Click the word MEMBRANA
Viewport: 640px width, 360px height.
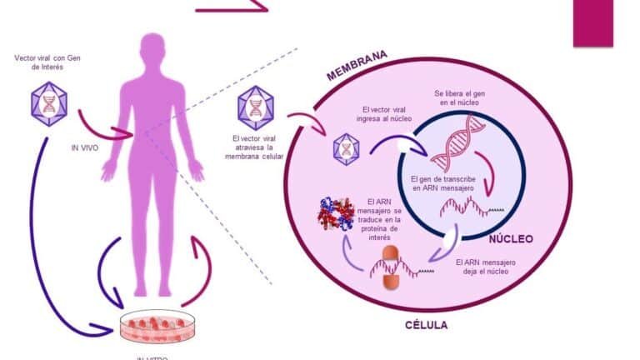coord(357,66)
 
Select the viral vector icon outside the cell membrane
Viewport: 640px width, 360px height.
coord(254,106)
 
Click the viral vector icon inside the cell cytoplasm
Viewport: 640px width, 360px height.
coord(346,147)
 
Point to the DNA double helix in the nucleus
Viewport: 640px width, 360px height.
coord(457,138)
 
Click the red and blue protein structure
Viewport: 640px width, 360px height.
coord(336,214)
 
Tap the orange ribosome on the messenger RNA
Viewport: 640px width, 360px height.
coord(392,268)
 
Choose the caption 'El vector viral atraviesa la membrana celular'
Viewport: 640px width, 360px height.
coord(254,147)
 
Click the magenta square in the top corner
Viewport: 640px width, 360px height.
coord(592,22)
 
